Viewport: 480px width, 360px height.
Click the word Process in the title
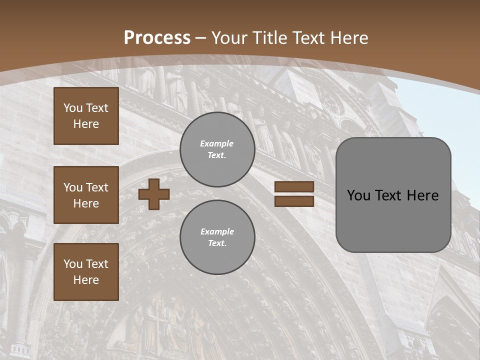click(157, 38)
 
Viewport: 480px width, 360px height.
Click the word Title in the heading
click(269, 38)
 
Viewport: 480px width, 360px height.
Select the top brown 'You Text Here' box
click(86, 116)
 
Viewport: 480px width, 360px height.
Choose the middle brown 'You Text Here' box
click(86, 195)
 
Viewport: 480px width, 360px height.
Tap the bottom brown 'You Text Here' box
click(86, 271)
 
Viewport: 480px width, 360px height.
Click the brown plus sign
click(154, 194)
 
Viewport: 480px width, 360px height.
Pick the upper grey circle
click(217, 149)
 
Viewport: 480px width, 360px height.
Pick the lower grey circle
click(217, 237)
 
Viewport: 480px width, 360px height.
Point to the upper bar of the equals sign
click(294, 186)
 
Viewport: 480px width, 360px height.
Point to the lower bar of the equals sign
click(294, 201)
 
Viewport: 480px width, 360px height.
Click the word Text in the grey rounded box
click(393, 195)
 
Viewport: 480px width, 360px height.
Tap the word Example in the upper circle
click(216, 143)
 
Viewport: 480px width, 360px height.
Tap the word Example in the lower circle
click(217, 231)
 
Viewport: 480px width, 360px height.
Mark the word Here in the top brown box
click(86, 124)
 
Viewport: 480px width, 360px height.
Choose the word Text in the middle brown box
click(97, 187)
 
